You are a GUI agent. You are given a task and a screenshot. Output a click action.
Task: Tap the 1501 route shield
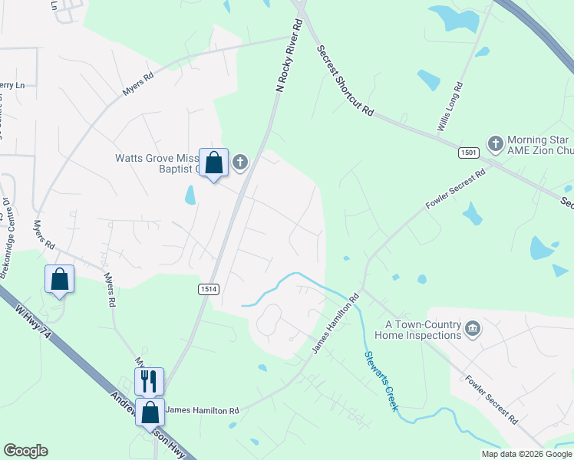coord(470,153)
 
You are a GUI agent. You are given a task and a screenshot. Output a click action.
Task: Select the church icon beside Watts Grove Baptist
coord(240,162)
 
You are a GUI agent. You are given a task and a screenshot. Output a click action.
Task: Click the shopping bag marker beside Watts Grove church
coord(214,163)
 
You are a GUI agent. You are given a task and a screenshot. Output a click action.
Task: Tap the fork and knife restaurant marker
coord(149,380)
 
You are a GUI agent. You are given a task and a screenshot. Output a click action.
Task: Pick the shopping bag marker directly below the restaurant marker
coord(150,412)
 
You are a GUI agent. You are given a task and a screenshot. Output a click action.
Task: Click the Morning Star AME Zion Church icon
coord(496,143)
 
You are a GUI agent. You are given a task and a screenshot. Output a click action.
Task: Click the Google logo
coord(25,451)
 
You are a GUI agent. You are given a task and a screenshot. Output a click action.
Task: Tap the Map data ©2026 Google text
coord(526,454)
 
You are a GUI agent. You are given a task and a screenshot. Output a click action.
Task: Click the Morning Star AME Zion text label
coord(537,146)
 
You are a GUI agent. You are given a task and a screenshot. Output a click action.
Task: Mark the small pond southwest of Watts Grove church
coord(190,195)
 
